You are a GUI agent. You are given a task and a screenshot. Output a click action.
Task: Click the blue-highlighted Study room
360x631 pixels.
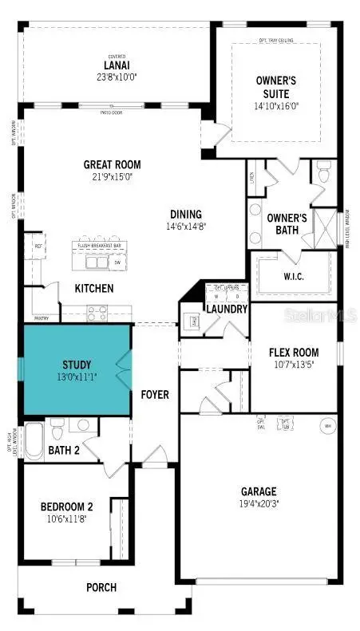77,369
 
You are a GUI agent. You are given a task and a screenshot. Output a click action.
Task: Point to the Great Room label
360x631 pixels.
113,165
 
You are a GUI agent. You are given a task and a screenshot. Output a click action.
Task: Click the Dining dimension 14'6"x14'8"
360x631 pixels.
185,226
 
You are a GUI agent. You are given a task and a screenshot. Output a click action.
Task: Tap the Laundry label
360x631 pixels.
227,310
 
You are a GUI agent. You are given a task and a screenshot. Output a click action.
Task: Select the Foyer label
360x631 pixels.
155,395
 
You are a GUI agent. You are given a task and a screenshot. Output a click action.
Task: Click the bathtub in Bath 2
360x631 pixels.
33,440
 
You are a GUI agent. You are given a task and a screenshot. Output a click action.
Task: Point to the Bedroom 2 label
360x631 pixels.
67,506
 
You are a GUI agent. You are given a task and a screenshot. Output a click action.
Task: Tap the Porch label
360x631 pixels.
102,588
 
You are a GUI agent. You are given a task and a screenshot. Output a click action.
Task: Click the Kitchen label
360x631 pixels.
94,288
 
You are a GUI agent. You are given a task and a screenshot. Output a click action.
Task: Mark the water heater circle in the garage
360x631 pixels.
326,425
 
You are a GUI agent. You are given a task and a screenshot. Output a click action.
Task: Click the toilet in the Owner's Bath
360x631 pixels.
324,172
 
